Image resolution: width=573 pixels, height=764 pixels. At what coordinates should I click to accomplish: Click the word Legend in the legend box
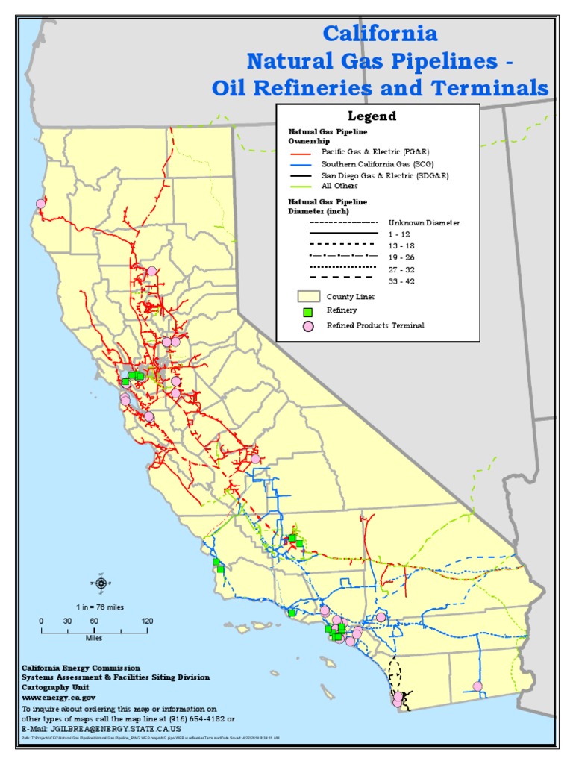[372, 116]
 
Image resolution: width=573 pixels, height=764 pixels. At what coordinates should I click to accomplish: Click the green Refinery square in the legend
[306, 310]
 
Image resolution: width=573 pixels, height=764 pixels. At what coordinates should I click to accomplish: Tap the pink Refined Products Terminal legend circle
[306, 326]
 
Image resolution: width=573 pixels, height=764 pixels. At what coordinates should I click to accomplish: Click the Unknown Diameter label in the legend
[424, 222]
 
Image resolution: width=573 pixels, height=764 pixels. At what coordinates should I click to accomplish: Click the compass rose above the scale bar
[101, 583]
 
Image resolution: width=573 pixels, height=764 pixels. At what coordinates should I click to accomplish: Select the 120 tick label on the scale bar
[147, 621]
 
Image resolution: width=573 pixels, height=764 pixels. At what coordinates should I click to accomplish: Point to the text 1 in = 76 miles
[99, 607]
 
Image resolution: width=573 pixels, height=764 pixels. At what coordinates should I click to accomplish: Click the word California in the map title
[379, 34]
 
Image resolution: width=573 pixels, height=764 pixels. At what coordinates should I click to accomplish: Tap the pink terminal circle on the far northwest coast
[40, 203]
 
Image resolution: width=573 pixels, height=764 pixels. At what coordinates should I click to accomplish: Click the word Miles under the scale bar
[93, 638]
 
